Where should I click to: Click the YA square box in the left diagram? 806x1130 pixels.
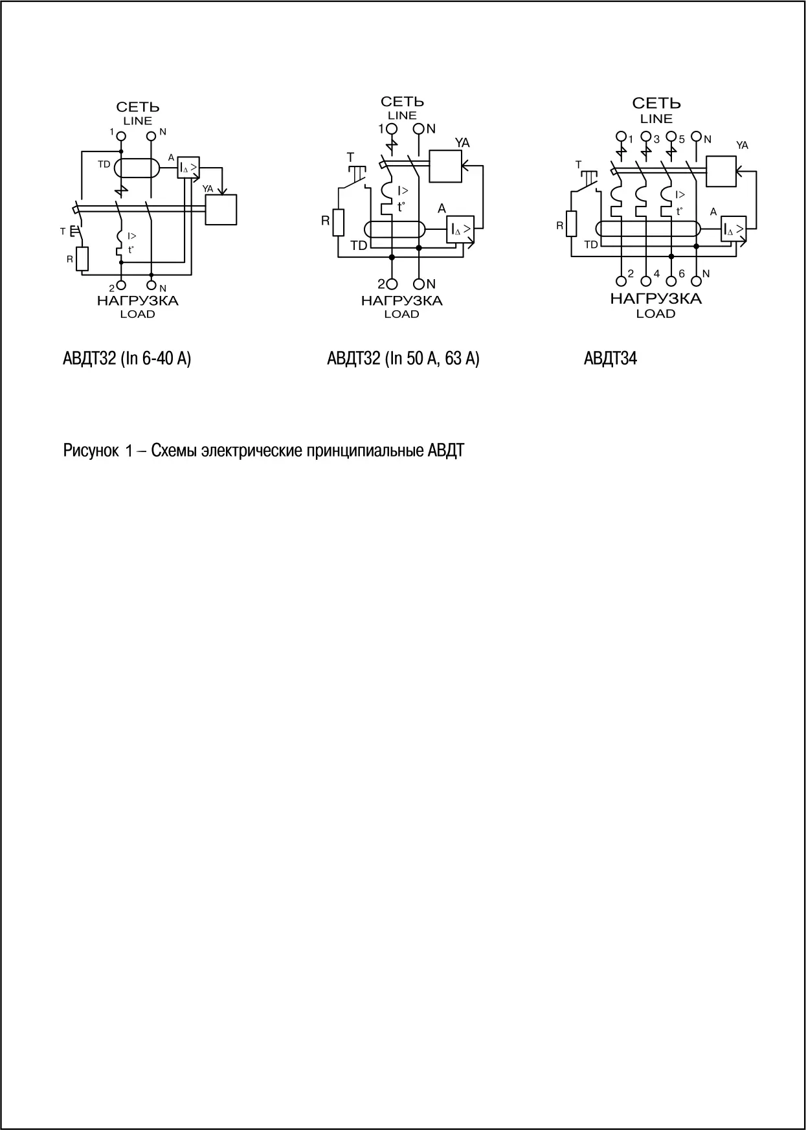coord(221,209)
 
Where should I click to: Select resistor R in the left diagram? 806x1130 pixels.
coord(82,259)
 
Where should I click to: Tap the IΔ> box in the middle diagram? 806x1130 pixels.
coord(460,229)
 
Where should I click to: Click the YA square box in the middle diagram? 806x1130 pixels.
coord(445,166)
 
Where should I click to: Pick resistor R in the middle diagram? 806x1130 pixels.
coord(338,221)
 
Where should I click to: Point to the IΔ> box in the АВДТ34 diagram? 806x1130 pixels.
coord(733,229)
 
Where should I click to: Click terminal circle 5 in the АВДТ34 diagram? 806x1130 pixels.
coord(671,137)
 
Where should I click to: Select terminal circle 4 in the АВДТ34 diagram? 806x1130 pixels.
coord(645,280)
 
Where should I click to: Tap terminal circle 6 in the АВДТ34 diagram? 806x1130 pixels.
coord(671,280)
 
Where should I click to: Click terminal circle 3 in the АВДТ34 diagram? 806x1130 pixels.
coord(645,137)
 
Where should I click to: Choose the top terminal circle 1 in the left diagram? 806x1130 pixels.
coord(121,135)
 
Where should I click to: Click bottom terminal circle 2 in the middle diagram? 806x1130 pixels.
coord(392,284)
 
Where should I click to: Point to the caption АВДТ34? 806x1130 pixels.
coord(610,359)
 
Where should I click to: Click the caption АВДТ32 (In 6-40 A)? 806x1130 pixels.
coord(127,359)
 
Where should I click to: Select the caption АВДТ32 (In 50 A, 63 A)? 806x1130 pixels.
coord(403,359)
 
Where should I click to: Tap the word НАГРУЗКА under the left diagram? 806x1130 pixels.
coord(137,301)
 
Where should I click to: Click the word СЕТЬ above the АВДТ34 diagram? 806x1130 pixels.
coord(656,104)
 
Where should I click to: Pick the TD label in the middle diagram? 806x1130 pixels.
coord(359,246)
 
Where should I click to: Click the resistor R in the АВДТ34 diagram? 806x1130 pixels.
coord(571,224)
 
